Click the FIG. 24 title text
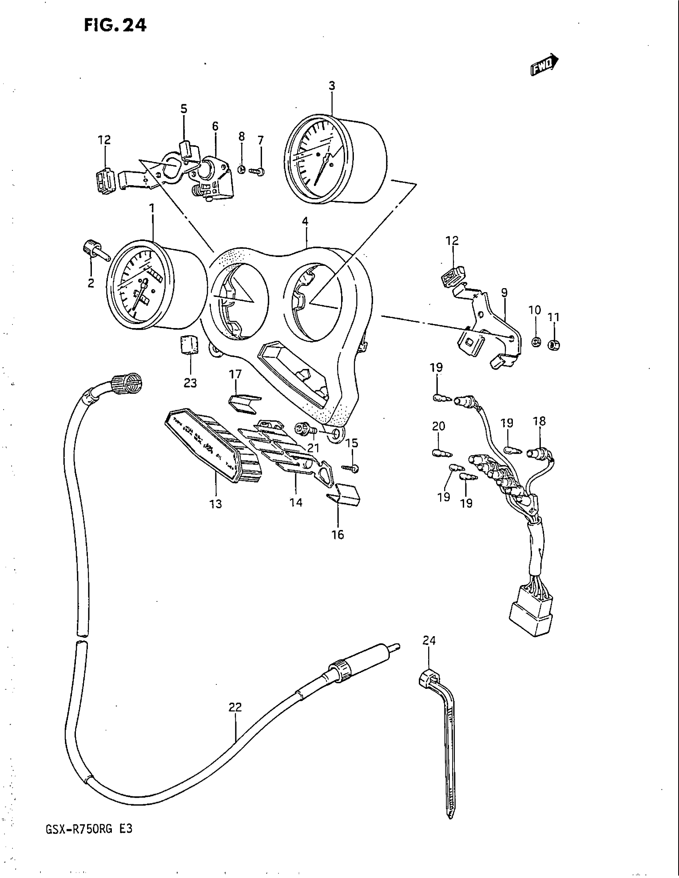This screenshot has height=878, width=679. (x=116, y=25)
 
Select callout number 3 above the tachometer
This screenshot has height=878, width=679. (x=332, y=86)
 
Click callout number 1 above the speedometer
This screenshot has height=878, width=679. (x=152, y=208)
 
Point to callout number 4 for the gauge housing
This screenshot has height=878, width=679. (x=306, y=221)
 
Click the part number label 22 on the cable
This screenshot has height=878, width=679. (x=235, y=718)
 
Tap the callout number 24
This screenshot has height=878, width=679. (x=429, y=641)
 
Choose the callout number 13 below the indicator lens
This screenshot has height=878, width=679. (x=216, y=504)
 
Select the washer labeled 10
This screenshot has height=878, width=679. (x=536, y=342)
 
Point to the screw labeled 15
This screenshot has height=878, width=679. (x=351, y=468)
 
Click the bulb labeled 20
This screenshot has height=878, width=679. (x=441, y=453)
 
